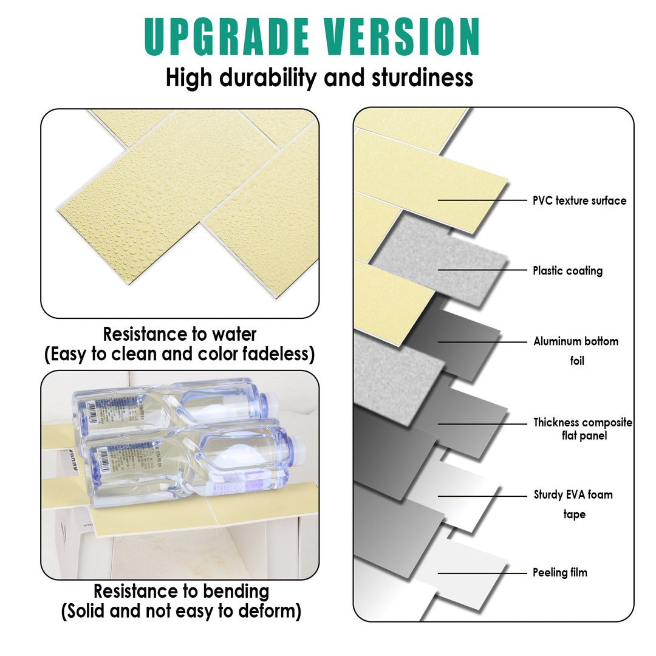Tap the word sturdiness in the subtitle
point(414,78)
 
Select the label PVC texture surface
point(579,200)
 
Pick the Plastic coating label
point(567,271)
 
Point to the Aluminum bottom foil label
point(576,350)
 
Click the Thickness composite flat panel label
point(583,429)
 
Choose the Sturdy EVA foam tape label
point(573,504)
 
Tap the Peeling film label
point(560,572)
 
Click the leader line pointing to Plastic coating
point(482,270)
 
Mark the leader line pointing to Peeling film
point(482,573)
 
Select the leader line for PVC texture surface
point(482,200)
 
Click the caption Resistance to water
point(180,334)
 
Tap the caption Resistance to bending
point(181,591)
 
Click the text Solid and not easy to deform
point(181,611)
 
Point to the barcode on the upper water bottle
point(89,411)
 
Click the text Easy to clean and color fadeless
point(180,354)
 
